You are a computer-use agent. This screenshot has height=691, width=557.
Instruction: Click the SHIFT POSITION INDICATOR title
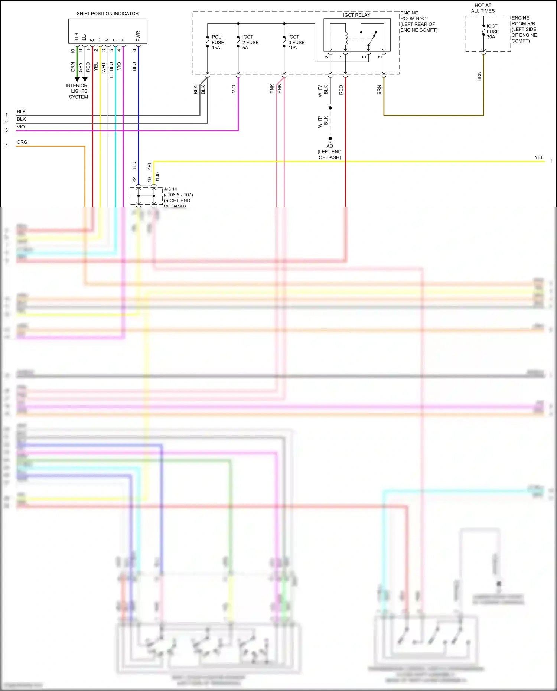pos(107,14)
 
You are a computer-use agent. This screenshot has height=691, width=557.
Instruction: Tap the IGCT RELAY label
pos(356,15)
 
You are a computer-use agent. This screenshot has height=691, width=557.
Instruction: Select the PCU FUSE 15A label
pos(218,42)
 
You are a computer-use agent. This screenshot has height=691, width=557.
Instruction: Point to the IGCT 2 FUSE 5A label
pos(250,42)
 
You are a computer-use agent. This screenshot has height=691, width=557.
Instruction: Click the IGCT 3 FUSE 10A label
pos(296,42)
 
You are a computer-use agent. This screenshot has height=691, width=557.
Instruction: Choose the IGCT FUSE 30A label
pos(493,32)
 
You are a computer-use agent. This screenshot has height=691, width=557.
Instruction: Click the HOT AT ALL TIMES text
pos(483,8)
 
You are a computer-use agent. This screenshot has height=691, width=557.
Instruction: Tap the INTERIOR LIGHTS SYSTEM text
pos(77,91)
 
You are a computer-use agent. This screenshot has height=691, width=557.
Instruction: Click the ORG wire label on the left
pos(22,142)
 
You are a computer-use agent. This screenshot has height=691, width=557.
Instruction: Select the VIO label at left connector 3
pos(21,127)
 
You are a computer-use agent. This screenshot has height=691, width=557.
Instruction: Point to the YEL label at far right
pos(539,157)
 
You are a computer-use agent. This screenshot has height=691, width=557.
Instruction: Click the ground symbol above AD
pos(330,139)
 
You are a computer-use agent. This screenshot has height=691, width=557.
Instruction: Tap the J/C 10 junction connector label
pos(170,189)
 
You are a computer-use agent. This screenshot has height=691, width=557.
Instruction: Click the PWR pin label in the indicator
pos(138,36)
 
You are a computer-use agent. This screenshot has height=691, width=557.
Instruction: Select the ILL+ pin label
pos(76,37)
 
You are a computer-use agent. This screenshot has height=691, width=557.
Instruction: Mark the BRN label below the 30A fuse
pos(479,76)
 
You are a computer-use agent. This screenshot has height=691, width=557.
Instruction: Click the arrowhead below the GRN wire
pos(77,79)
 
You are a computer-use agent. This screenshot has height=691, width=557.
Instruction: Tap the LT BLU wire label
pos(111,70)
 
